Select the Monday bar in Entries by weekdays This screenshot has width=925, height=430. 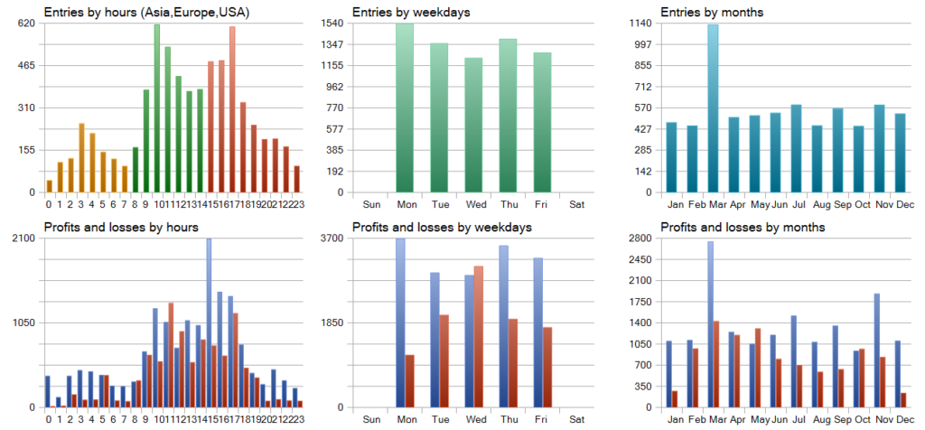click(x=404, y=108)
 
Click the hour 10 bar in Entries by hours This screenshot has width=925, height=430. click(x=157, y=108)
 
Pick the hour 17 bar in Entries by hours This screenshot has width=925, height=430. click(x=232, y=109)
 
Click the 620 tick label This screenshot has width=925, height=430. click(x=26, y=23)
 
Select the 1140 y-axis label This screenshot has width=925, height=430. click(x=644, y=23)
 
